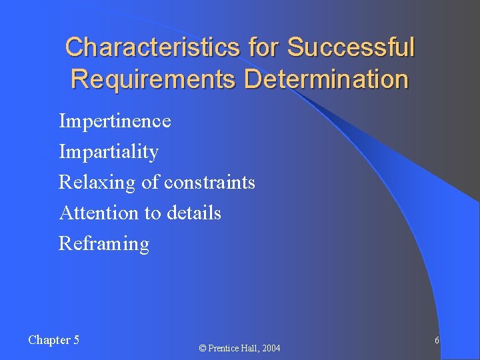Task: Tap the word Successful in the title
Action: [x=351, y=48]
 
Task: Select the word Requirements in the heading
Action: [x=153, y=79]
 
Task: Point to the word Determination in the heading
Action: [x=326, y=79]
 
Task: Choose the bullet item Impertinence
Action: [x=115, y=121]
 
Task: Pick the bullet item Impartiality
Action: [x=109, y=152]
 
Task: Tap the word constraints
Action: [x=209, y=183]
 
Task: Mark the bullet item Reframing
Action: [x=104, y=244]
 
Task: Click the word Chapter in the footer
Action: [x=49, y=340]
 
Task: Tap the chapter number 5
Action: [x=76, y=340]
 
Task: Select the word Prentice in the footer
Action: [x=223, y=349]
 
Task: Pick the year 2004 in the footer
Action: [x=271, y=349]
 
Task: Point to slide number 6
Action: [x=437, y=341]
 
